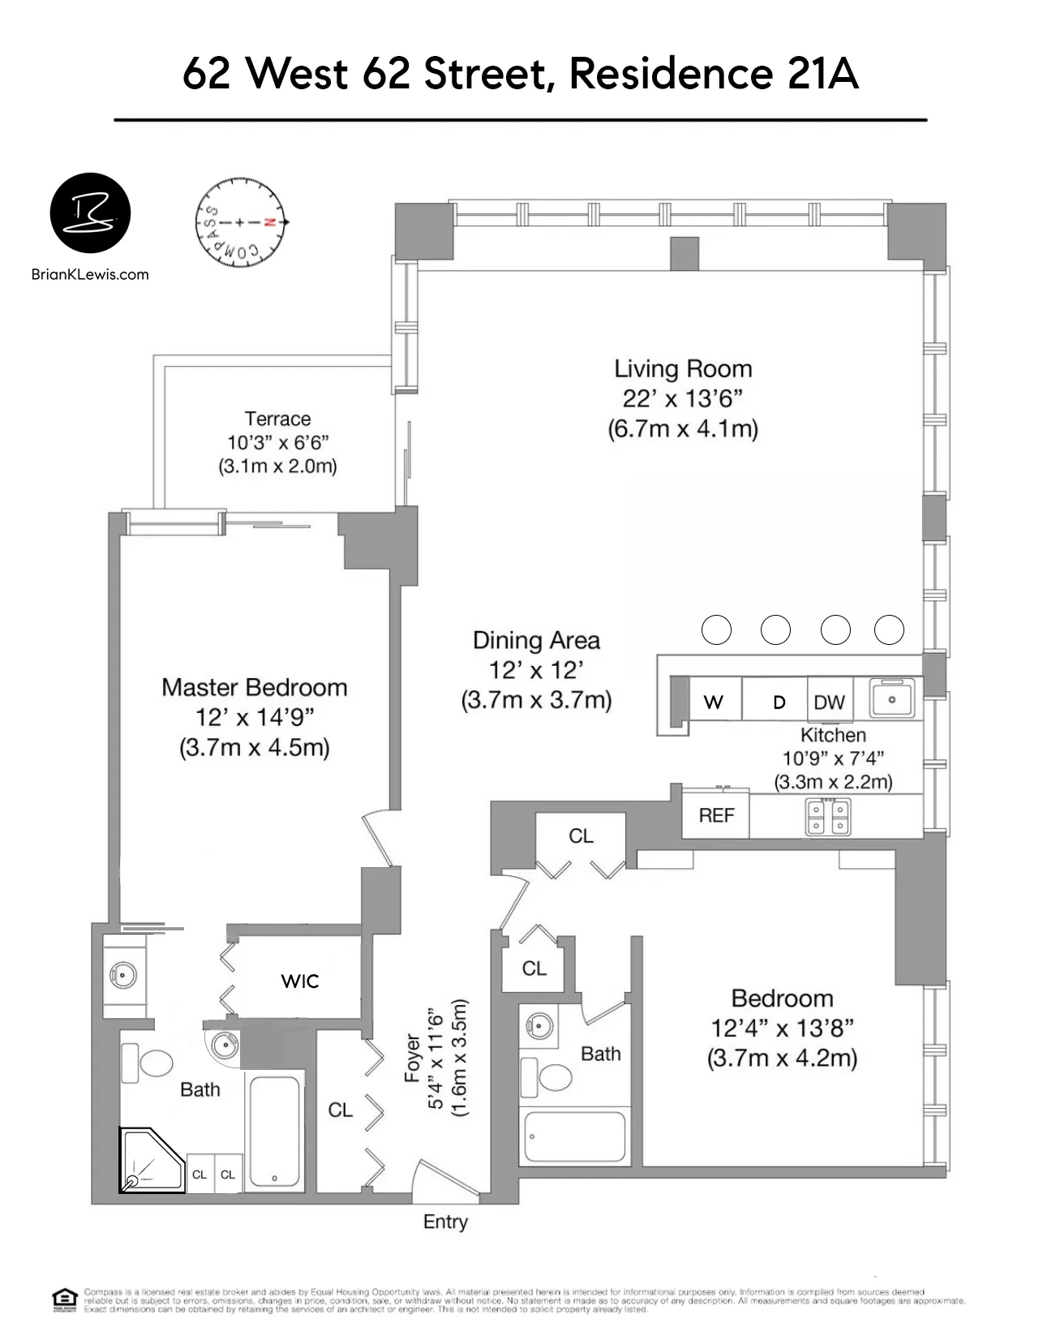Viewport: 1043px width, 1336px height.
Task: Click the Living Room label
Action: click(x=683, y=369)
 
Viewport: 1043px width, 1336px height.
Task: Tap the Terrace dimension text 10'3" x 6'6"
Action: click(x=277, y=443)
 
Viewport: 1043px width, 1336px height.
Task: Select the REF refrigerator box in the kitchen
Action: click(x=716, y=815)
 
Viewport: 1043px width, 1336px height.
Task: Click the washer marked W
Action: click(x=714, y=702)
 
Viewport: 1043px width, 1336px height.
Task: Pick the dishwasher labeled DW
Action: click(x=829, y=702)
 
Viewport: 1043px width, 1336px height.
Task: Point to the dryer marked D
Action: click(x=779, y=702)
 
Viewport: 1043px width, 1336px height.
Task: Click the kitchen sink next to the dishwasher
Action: click(x=891, y=698)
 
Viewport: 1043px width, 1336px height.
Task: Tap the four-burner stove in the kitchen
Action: click(x=828, y=817)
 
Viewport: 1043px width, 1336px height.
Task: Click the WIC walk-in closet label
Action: click(x=300, y=982)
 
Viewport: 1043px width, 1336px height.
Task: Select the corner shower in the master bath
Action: click(x=151, y=1161)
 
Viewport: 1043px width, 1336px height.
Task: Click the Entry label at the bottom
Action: click(x=445, y=1222)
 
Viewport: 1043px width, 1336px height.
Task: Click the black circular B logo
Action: click(x=90, y=213)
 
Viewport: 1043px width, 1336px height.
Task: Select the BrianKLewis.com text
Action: click(x=90, y=274)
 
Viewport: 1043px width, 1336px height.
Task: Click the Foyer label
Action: click(x=413, y=1058)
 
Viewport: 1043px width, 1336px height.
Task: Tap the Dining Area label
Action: click(x=536, y=641)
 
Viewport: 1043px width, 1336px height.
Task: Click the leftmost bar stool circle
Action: click(x=716, y=629)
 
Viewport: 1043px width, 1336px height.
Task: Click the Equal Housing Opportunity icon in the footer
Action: click(x=64, y=1299)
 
